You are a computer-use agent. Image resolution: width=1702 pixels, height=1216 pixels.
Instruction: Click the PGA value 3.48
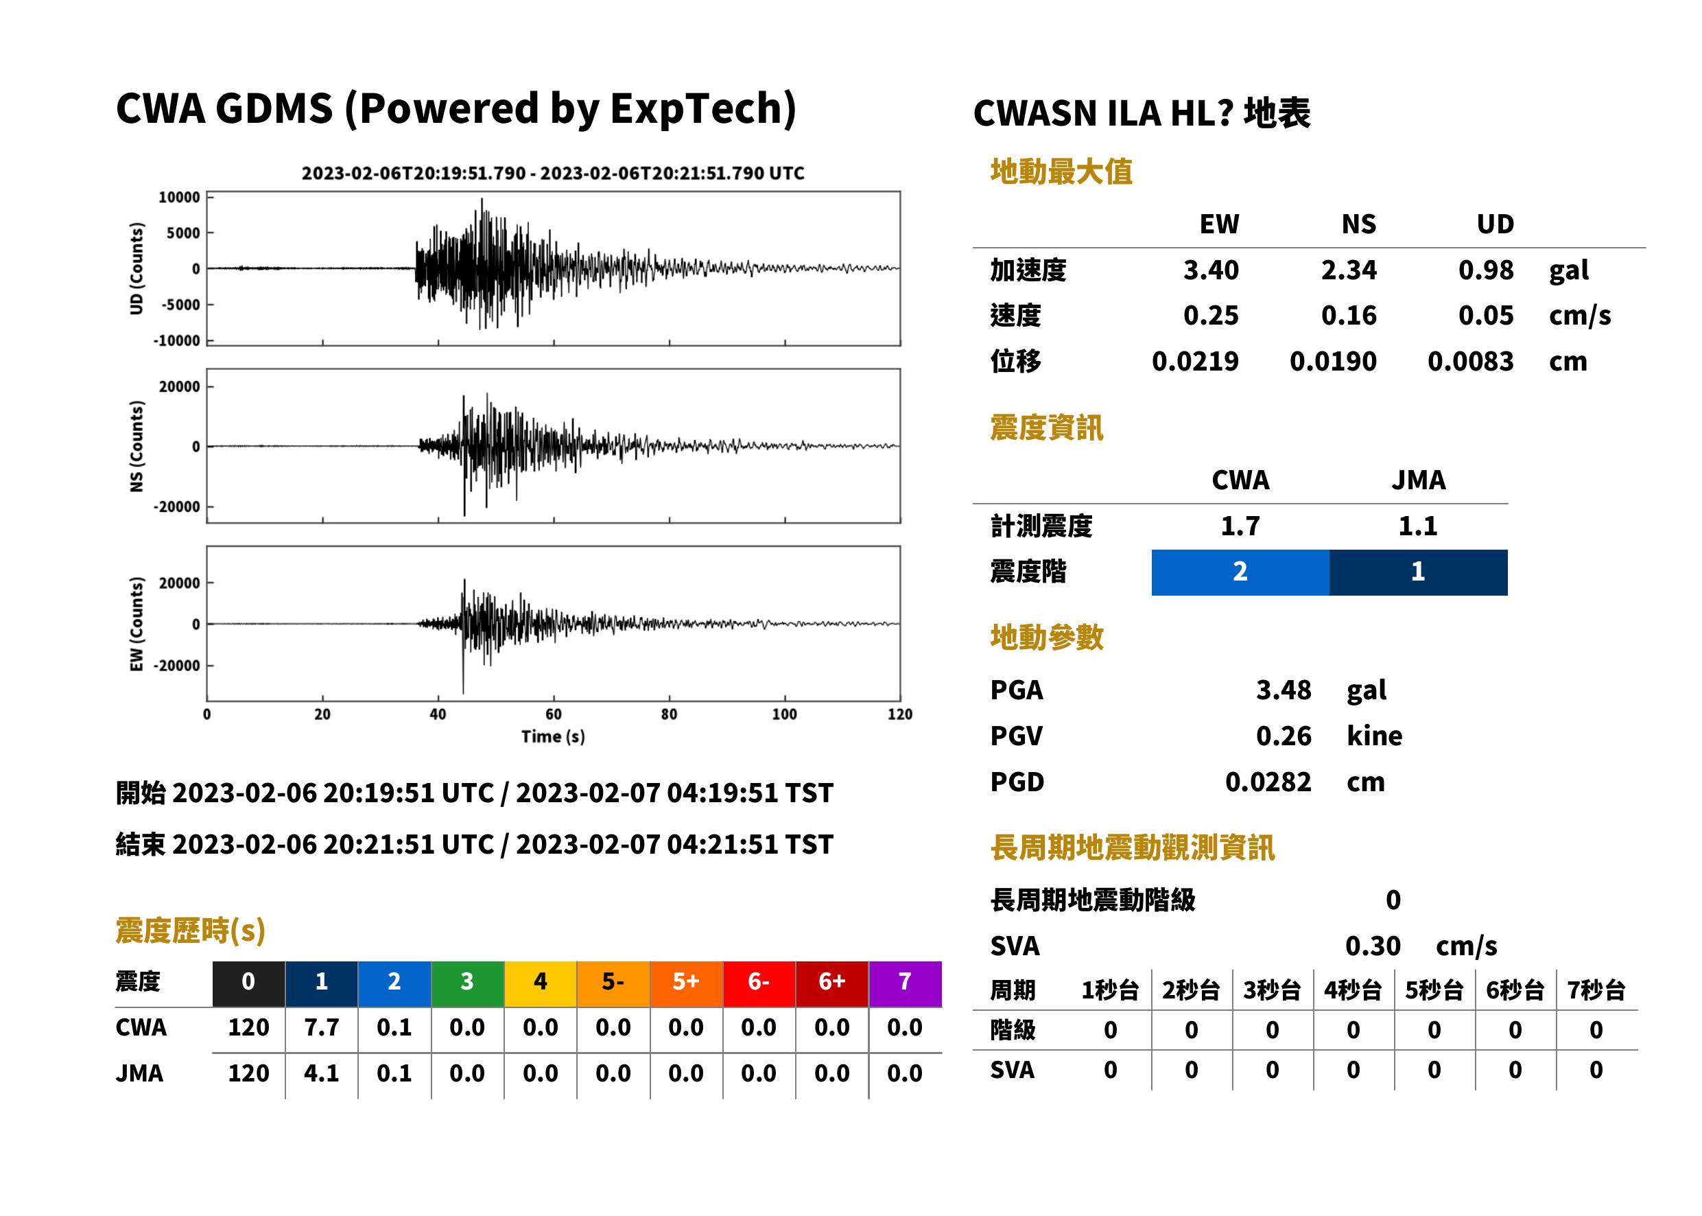[x=1283, y=690]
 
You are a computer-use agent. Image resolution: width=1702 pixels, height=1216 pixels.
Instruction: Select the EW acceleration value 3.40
[x=1210, y=270]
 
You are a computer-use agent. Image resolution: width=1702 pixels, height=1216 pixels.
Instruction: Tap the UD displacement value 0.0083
[x=1470, y=361]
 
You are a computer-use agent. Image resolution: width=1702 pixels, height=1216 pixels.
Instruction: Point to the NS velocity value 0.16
[x=1348, y=315]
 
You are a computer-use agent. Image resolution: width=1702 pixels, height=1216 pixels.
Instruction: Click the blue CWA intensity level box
[x=1240, y=572]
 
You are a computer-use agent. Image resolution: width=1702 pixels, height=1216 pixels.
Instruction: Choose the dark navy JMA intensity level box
[x=1419, y=572]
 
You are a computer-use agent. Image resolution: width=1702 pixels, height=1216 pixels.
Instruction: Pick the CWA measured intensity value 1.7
[x=1240, y=526]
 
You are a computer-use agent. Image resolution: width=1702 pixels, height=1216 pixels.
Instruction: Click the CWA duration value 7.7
[x=321, y=1027]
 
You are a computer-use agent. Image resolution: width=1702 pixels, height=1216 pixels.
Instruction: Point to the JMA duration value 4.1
[x=321, y=1073]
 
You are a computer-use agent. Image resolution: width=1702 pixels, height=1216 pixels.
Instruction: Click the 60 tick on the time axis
[x=553, y=714]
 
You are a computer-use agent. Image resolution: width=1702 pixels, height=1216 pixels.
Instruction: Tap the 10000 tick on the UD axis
[x=179, y=197]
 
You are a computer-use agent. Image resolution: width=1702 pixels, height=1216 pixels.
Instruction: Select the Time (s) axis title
[x=553, y=737]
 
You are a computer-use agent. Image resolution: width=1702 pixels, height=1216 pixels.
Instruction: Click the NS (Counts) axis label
[x=137, y=446]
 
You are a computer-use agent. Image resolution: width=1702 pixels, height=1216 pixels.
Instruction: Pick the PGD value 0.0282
[x=1268, y=782]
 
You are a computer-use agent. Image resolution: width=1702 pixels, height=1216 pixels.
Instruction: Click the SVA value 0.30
[x=1373, y=946]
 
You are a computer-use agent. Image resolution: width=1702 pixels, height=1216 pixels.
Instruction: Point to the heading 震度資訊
[x=1046, y=428]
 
